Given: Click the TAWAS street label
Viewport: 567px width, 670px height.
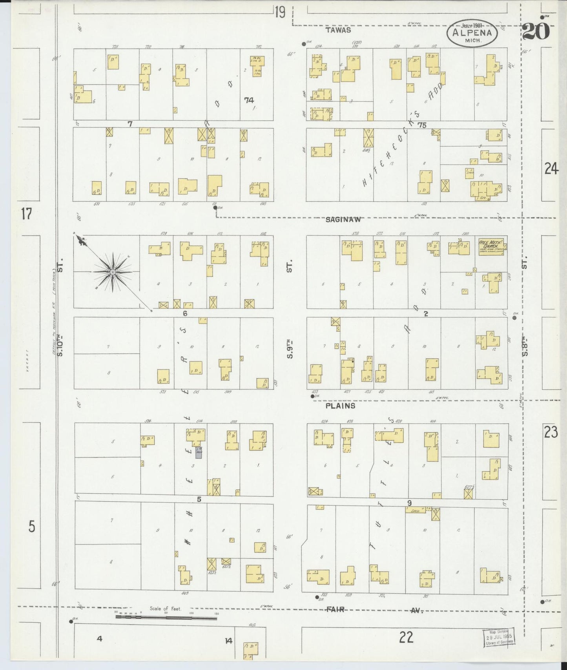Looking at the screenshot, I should (x=338, y=30).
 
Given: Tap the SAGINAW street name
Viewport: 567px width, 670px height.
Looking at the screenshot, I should (x=343, y=220).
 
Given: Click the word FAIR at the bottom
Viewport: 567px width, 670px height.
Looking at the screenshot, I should (x=335, y=610).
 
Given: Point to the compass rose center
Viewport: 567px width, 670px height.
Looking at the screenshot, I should (x=113, y=272).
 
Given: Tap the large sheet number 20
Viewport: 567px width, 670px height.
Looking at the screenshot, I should (x=536, y=32).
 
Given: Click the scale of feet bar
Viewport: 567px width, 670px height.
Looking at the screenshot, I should (x=166, y=617).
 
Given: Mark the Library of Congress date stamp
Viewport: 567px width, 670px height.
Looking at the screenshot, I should (x=499, y=637).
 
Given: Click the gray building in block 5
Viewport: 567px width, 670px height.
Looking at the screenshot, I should (x=199, y=452).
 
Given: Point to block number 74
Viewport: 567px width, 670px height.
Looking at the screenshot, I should (x=249, y=100).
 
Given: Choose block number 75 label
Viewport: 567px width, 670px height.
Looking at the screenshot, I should (x=422, y=125).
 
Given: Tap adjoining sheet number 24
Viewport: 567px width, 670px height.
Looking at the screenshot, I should (x=551, y=169).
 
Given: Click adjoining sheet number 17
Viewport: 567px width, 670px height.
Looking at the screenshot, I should (x=26, y=214).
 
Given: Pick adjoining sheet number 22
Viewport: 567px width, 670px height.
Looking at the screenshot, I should (x=406, y=637).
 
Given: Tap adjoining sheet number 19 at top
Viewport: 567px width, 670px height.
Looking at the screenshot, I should (x=280, y=13).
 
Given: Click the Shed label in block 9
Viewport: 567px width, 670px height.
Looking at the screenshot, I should (x=415, y=511).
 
